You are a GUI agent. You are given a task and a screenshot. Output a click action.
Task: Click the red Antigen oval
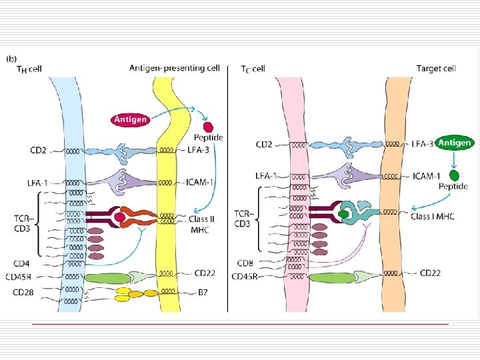[x=131, y=120]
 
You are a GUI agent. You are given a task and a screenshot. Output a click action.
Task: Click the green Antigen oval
[x=456, y=143]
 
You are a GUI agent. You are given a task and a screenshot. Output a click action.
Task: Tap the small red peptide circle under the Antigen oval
[x=209, y=127]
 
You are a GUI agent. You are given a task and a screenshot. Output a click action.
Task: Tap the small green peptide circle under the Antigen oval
[x=454, y=176]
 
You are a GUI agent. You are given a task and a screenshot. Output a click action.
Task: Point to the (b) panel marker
[x=11, y=58]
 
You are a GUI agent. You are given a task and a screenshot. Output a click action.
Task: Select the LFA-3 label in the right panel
[x=422, y=143]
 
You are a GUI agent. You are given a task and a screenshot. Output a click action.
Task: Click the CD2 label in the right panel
[x=265, y=143]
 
